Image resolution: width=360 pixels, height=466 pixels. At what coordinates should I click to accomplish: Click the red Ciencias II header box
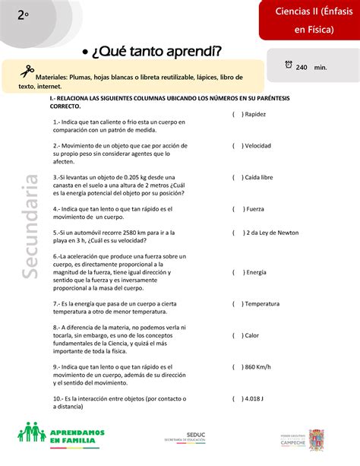308,20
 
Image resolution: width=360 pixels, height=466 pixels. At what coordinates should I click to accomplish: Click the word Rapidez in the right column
256,115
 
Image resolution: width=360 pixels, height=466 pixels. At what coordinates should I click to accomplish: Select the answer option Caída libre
260,177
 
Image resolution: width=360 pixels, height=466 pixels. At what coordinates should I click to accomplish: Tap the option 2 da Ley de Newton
269,234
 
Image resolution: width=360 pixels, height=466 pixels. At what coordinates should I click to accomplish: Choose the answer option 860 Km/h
260,366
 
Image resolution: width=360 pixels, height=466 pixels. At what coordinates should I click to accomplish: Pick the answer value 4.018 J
256,398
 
